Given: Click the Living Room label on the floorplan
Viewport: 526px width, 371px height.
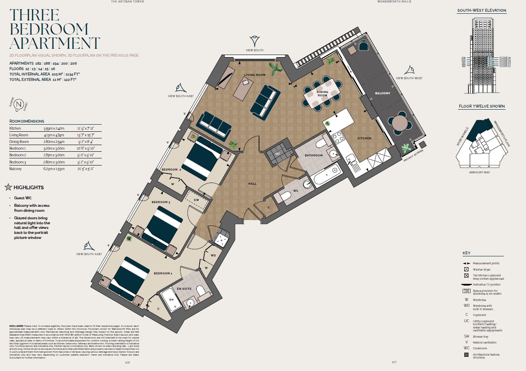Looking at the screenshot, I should tap(255, 75).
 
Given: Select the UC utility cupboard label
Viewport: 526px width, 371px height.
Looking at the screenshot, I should tap(278, 153).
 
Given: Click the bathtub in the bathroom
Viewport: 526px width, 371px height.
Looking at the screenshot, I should tap(328, 175).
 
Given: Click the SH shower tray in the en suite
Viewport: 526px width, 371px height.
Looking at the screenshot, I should tap(171, 300).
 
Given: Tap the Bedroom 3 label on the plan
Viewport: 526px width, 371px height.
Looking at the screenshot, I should tap(160, 202).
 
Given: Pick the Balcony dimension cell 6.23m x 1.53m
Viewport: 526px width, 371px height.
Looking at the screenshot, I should tap(53, 169).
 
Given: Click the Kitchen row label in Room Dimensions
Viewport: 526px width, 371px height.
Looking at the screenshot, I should tap(15, 128).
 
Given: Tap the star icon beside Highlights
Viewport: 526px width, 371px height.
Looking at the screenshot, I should tap(8, 187).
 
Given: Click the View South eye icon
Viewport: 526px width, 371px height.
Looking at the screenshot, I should tap(255, 41).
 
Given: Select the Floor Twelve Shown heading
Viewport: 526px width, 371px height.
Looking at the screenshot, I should tap(482, 106).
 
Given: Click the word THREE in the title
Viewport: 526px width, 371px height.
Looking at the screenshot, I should tap(35, 15).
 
